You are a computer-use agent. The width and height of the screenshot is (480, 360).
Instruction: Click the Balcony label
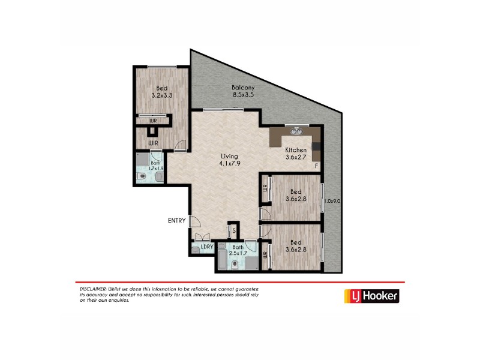[243, 88]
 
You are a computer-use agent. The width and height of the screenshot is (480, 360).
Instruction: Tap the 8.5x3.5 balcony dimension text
[243, 94]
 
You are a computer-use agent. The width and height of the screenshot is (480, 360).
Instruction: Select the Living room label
[230, 156]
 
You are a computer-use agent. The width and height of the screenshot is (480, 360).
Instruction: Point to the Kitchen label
[296, 150]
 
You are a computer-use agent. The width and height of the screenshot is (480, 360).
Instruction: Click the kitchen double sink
[296, 131]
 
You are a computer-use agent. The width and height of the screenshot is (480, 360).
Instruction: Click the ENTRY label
[176, 221]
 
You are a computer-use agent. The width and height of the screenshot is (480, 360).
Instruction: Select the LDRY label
[208, 247]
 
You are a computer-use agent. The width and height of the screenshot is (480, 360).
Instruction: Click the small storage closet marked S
[233, 230]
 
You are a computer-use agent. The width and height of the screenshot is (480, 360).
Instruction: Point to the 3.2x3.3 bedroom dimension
[162, 95]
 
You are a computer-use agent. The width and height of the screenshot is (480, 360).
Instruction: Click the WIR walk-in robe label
[154, 143]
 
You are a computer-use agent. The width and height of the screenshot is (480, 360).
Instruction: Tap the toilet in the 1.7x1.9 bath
[141, 176]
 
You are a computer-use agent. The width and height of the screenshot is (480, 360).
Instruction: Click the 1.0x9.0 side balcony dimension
[332, 202]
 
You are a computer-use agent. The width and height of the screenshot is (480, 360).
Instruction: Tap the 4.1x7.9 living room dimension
[230, 163]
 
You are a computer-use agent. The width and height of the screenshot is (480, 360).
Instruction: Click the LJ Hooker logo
[371, 296]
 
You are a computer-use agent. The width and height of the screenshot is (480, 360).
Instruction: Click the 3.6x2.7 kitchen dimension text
[296, 157]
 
